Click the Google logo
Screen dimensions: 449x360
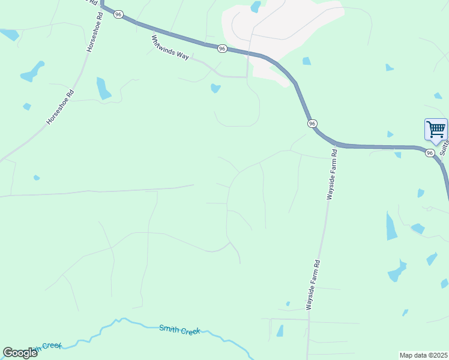click(x=20, y=353)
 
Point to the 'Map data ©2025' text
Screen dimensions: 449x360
click(x=423, y=355)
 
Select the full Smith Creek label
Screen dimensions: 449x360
click(x=179, y=329)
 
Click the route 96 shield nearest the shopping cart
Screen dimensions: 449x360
click(x=430, y=154)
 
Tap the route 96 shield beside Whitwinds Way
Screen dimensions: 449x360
click(x=222, y=48)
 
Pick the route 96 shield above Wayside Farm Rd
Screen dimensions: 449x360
click(x=312, y=123)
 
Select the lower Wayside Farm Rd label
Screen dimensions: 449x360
click(x=313, y=284)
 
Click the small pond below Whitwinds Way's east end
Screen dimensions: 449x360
click(x=215, y=88)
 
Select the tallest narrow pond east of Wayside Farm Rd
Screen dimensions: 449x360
click(x=391, y=226)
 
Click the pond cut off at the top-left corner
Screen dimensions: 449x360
click(x=9, y=34)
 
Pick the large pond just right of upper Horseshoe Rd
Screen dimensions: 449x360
click(x=103, y=88)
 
